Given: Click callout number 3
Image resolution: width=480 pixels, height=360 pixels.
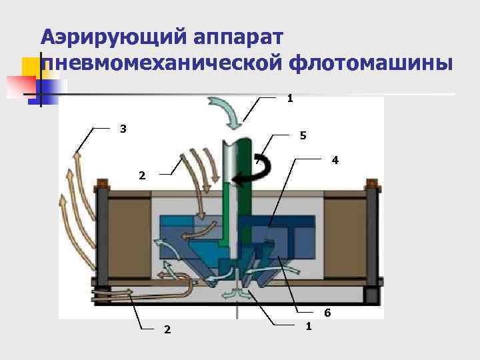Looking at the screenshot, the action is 123,128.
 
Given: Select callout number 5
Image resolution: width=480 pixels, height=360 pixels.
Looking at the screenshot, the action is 303,135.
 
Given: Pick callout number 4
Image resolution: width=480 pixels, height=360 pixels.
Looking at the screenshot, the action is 335,161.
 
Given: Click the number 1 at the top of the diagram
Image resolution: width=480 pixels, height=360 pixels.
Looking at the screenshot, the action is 290,99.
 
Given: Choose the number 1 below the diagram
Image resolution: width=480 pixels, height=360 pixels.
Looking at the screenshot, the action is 308,325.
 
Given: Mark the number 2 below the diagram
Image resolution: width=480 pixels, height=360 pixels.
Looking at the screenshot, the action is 167,329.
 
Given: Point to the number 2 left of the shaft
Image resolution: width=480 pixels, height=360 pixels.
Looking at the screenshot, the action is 141,176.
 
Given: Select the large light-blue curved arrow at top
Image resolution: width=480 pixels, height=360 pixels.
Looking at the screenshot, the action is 227,111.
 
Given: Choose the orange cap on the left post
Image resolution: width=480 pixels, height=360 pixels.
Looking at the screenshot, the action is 102,183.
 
